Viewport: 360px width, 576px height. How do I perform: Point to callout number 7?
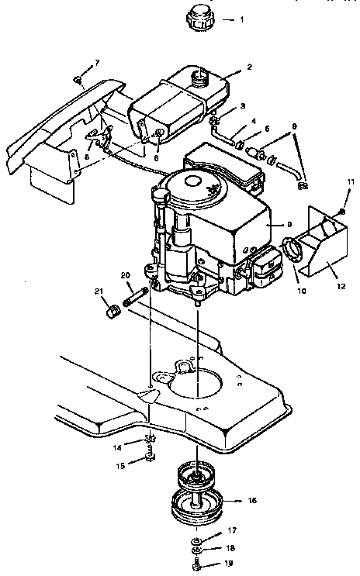click(x=97, y=61)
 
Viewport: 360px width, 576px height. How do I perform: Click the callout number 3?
click(x=243, y=105)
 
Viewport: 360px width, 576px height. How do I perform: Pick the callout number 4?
click(x=252, y=121)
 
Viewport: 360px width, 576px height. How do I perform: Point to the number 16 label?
click(x=252, y=502)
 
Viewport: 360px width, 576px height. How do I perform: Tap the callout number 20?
click(x=125, y=276)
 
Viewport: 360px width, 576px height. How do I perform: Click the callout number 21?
click(x=98, y=291)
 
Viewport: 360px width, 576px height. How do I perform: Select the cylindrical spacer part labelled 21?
click(x=111, y=312)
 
